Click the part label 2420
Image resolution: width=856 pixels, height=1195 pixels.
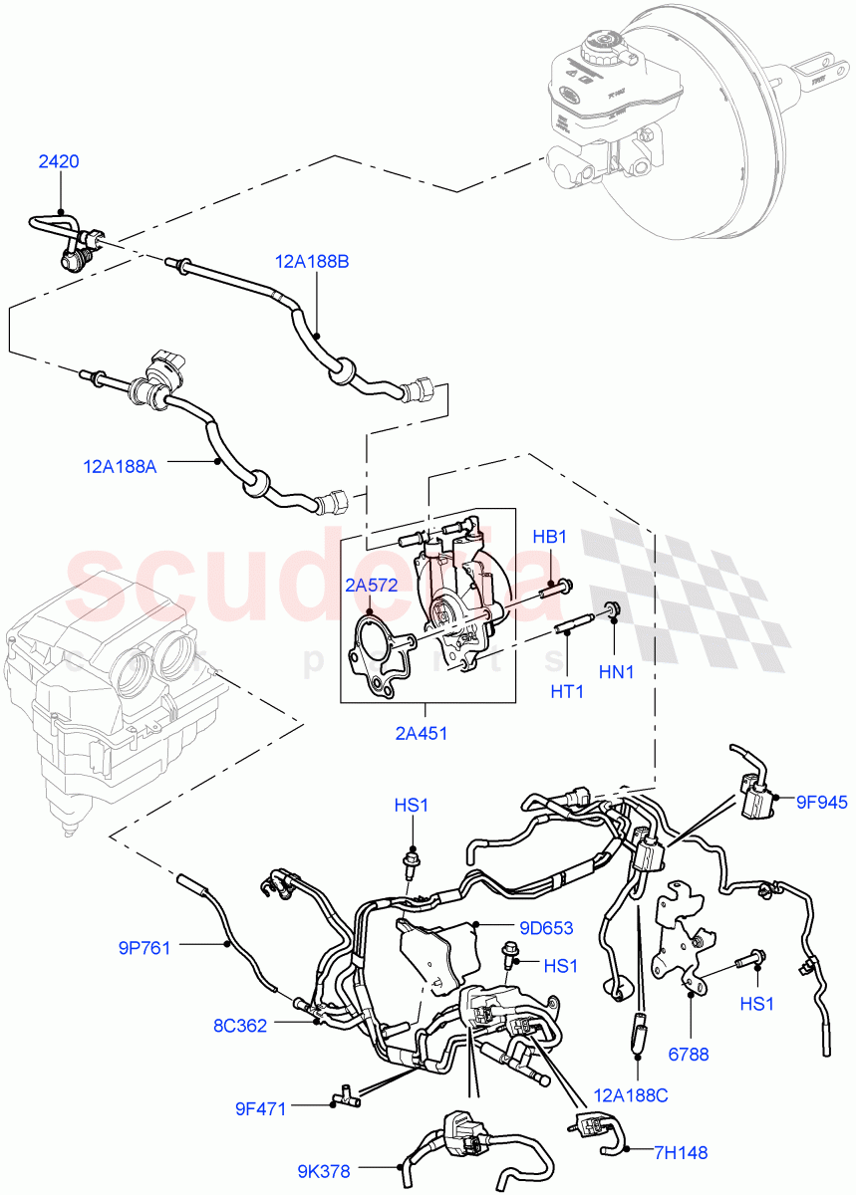59,161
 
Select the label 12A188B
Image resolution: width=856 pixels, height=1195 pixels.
312,262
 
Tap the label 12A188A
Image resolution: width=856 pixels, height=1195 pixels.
120,465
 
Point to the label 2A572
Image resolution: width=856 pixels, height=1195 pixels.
371,586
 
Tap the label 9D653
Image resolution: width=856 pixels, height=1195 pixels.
544,928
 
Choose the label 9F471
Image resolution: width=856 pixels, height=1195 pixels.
262,1107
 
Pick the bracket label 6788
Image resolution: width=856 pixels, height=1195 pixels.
689,1054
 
